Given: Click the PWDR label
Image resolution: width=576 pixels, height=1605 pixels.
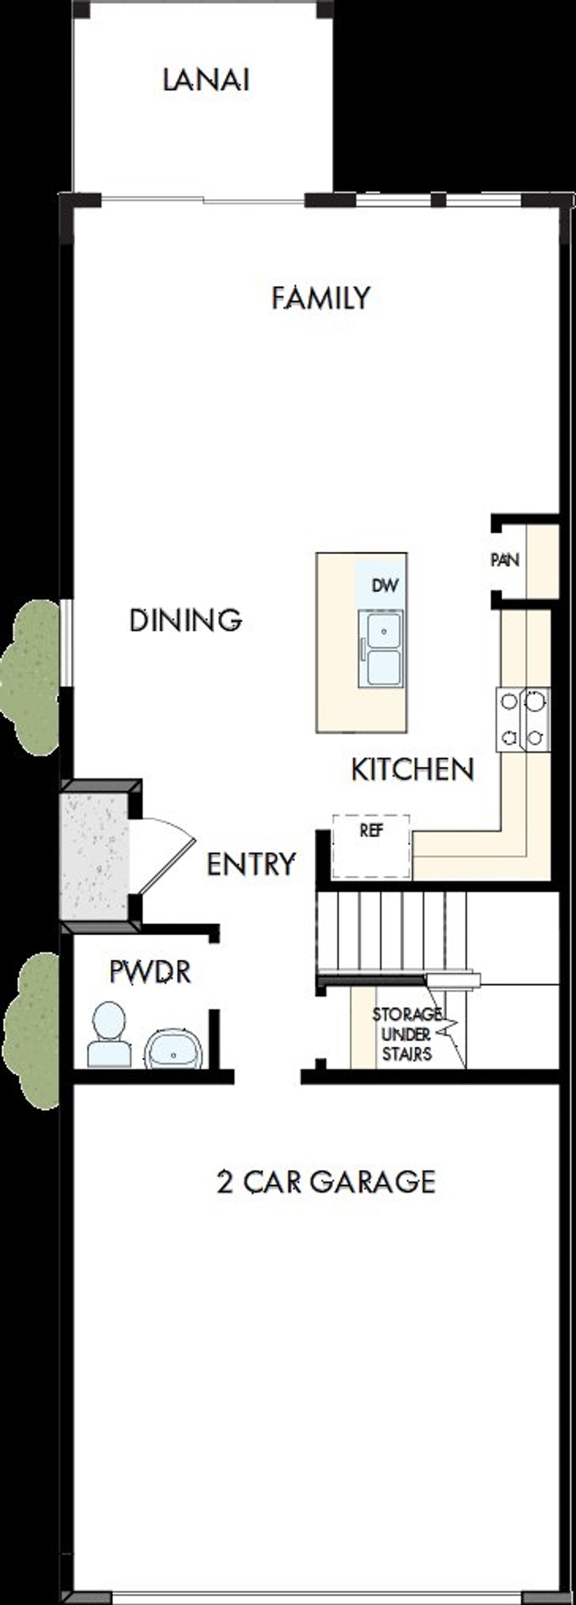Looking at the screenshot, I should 149,972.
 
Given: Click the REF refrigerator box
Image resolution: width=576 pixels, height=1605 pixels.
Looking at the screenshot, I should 371,845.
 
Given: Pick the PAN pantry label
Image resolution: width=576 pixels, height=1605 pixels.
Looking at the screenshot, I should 504,560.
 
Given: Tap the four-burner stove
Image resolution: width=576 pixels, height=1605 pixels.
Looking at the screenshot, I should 523,720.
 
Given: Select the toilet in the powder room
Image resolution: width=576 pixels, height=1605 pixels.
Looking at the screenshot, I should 109,1034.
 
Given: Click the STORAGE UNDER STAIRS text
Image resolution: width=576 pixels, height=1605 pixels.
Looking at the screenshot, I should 406,1034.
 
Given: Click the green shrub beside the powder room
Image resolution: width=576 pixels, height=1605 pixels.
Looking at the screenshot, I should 32,1031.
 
